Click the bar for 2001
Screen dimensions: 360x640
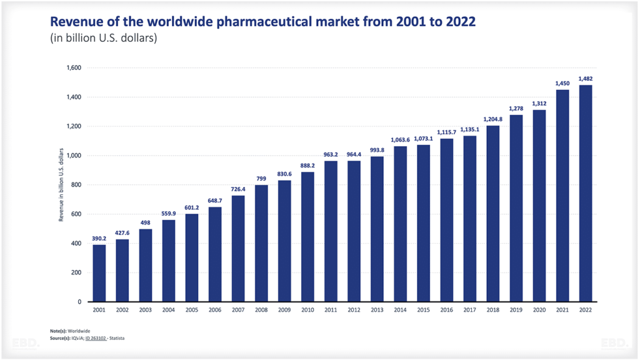pos(99,273)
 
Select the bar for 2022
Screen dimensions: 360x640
pos(585,194)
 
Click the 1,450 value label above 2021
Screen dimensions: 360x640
pos(562,83)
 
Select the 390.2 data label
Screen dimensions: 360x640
pos(99,238)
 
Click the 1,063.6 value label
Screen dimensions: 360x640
pos(400,139)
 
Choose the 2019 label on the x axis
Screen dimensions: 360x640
pos(516,310)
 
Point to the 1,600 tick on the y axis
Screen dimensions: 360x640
pos(73,68)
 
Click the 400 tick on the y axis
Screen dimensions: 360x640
pos(76,243)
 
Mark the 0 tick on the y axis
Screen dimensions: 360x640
pos(79,302)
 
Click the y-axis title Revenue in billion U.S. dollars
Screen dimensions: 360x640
pos(61,184)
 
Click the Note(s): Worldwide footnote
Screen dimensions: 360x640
pos(69,331)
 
